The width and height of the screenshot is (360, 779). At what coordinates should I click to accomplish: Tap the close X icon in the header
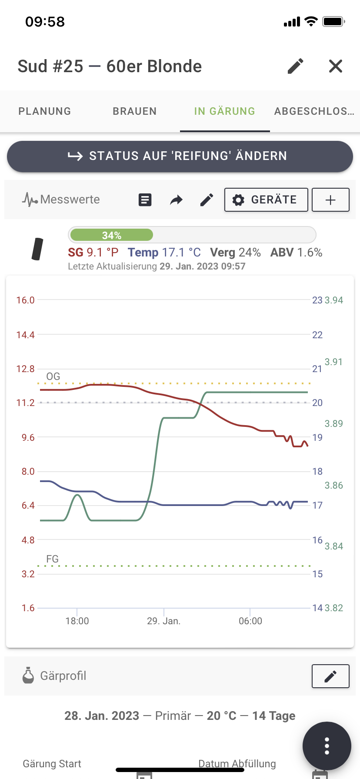pos(336,67)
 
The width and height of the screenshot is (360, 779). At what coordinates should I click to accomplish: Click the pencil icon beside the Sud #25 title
pos(296,67)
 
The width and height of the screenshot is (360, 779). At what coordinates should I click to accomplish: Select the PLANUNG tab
pos(45,111)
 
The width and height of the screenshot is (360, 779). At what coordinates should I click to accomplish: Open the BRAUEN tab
pos(135,111)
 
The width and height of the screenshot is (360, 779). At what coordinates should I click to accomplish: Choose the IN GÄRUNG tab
pos(225,111)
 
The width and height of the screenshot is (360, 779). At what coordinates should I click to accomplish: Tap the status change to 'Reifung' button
pos(180,156)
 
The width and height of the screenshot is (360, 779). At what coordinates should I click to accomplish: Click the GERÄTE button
pos(266,200)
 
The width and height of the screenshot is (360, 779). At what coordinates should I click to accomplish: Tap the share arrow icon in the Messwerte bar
pos(176,200)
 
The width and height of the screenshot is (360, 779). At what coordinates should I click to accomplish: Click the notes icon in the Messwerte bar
pos(145,200)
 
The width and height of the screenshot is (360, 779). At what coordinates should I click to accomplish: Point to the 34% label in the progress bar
pos(112,235)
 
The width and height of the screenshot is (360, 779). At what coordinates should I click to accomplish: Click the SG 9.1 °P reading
pos(93,253)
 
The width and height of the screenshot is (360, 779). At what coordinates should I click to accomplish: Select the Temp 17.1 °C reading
pos(164,253)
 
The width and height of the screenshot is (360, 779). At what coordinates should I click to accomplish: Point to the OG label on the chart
pos(53,376)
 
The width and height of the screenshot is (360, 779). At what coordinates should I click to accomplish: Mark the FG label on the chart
pos(52,559)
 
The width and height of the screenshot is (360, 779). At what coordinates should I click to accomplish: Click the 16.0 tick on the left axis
pos(25,300)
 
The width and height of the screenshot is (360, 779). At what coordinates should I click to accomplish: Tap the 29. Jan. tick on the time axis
pos(163,621)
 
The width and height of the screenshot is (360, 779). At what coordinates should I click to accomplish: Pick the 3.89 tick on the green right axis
pos(334,424)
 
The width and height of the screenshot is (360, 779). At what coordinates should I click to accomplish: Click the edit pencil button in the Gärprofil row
pos(330,676)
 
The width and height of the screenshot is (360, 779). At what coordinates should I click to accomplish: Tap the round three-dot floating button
pos(327,746)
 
